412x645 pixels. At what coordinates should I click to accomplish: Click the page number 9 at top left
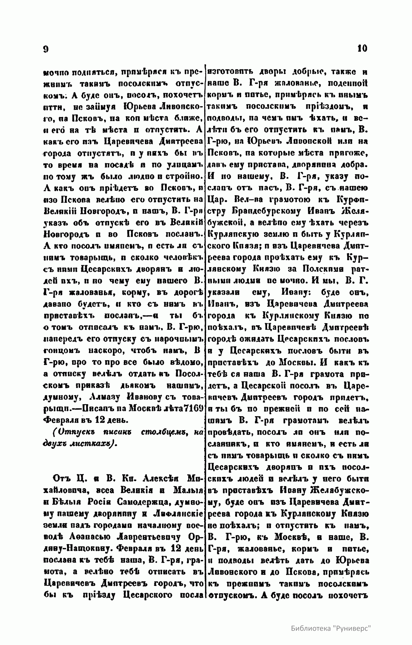(45, 49)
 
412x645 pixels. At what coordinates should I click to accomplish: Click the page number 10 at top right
(362, 48)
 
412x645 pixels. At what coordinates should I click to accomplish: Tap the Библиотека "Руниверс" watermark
(332, 628)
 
